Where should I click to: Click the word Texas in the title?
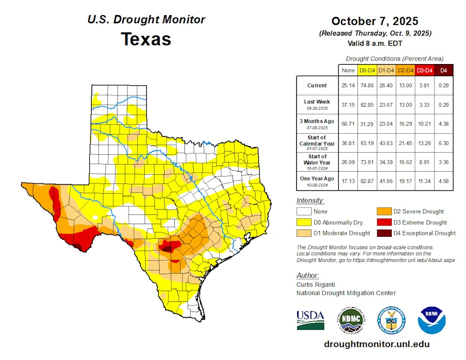[x=146, y=39]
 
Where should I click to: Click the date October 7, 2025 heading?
[x=375, y=21]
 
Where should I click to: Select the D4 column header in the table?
[x=443, y=71]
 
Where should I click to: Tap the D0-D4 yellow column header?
[x=367, y=71]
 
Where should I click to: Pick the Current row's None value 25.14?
[x=348, y=86]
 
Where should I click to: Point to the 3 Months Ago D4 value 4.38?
[x=443, y=124]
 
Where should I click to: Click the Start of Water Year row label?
[x=317, y=162]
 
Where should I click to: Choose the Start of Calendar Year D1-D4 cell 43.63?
[x=386, y=143]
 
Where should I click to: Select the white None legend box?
[x=304, y=212]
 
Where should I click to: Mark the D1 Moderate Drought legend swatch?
[x=304, y=233]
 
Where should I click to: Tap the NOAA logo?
[x=431, y=319]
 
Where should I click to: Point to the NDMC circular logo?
[x=350, y=320]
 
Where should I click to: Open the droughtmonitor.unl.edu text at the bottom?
[x=377, y=344]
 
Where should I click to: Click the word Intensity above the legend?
[x=310, y=200]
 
